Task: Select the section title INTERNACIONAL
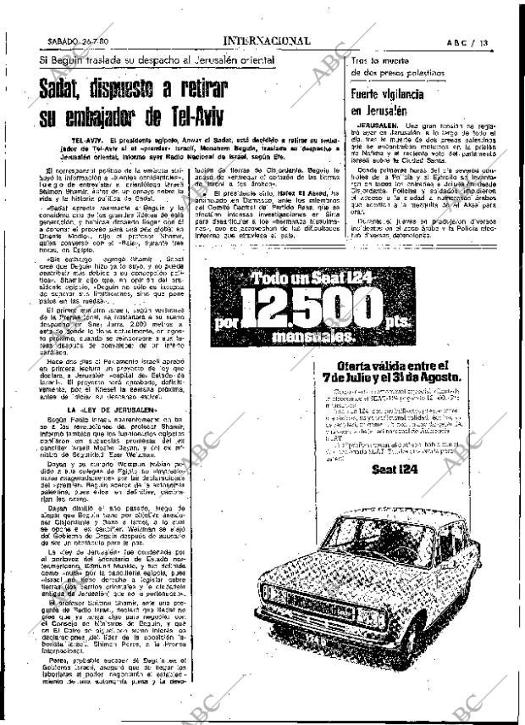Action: pyautogui.click(x=266, y=41)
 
